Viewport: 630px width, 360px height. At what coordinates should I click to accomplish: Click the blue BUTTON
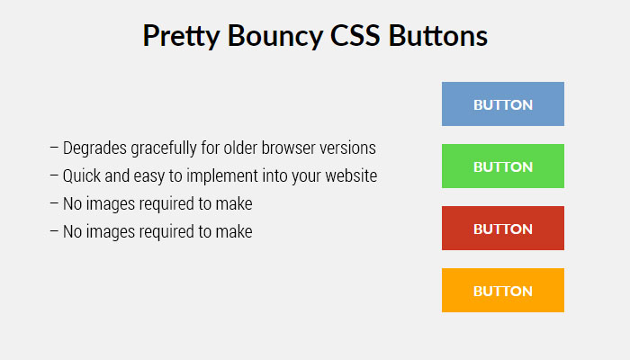(x=503, y=104)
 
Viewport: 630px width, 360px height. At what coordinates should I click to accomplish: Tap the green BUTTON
(x=503, y=166)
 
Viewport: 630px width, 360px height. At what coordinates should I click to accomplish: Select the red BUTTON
(x=503, y=229)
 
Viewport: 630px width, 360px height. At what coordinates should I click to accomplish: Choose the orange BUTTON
(x=503, y=290)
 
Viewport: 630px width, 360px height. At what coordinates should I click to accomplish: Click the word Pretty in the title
(x=181, y=37)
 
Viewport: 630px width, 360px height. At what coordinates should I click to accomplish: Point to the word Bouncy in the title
(x=275, y=37)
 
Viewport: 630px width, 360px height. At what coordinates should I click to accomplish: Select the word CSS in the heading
(x=355, y=35)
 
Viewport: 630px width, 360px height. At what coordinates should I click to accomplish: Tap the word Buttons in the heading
(x=438, y=35)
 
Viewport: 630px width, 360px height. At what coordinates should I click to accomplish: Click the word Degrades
(x=94, y=148)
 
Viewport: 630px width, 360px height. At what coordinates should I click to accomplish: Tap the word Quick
(x=82, y=176)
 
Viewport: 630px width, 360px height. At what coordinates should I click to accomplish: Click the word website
(x=351, y=175)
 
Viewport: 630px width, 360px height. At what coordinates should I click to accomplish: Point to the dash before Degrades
(x=54, y=148)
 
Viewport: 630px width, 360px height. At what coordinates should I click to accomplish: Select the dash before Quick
(x=54, y=175)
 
